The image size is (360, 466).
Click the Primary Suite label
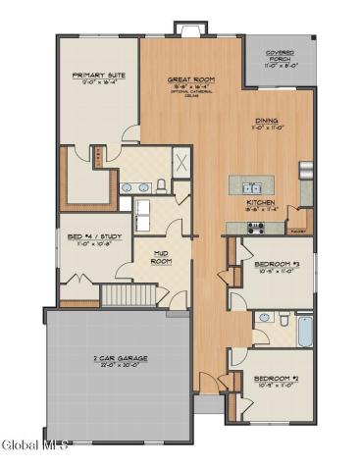94,75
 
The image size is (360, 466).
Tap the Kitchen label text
260,204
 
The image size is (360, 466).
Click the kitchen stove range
256,227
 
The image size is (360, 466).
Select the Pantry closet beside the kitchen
296,228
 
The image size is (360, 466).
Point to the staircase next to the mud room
130,292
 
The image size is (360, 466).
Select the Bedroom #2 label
276,378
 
